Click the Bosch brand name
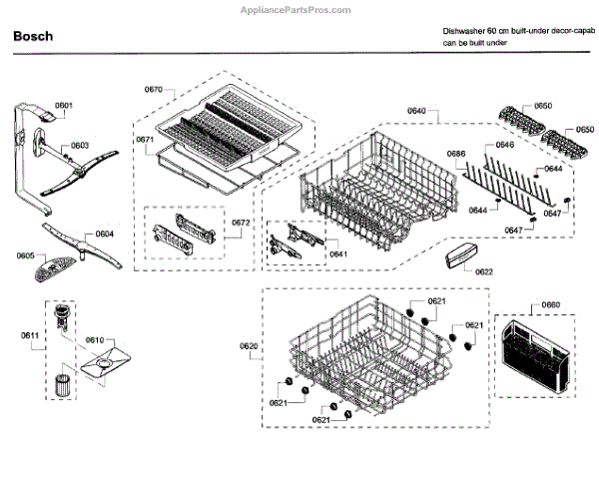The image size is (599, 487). tap(34, 37)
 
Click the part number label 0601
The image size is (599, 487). tap(64, 106)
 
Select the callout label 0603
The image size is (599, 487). tap(80, 145)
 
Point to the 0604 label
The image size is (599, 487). tap(104, 234)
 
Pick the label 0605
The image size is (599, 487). tap(26, 255)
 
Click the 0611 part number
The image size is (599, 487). tap(32, 334)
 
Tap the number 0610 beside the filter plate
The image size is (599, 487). tap(93, 340)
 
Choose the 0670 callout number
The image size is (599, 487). tap(153, 90)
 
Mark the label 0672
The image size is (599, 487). tap(241, 222)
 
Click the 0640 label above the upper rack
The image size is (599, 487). tap(416, 109)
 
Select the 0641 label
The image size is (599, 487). tap(338, 253)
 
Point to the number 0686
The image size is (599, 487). tap(456, 153)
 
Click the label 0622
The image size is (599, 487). tap(483, 271)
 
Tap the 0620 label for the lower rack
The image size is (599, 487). tap(249, 345)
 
